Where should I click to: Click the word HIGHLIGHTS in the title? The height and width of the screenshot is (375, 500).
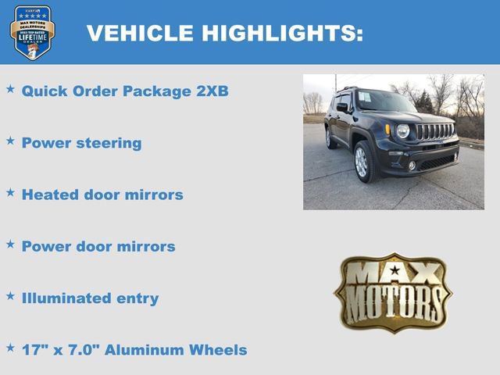pos(282,33)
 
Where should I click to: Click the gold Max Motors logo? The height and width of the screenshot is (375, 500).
pos(393,291)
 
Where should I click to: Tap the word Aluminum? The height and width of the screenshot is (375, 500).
pos(141,349)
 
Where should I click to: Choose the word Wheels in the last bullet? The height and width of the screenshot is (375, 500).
pos(219,349)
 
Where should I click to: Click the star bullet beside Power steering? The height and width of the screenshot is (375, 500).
pos(10,141)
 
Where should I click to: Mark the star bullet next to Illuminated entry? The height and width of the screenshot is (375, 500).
pos(10,295)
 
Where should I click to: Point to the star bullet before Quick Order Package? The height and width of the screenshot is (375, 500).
pos(10,88)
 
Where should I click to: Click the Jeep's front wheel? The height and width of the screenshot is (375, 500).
pos(361,162)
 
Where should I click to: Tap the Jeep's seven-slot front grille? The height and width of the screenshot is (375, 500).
pos(434,131)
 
